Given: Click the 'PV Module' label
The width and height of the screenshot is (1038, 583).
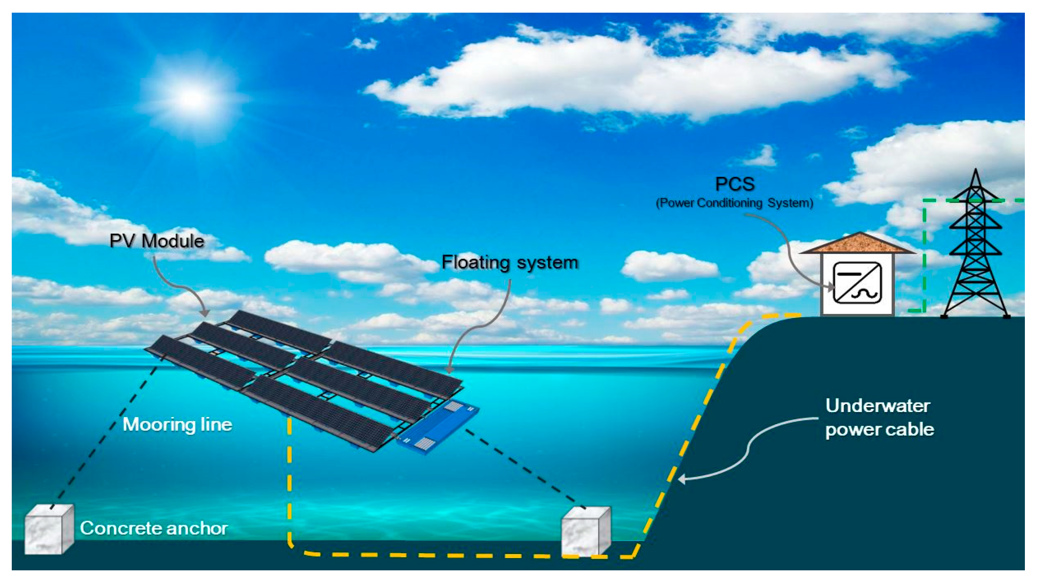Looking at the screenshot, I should (156, 241).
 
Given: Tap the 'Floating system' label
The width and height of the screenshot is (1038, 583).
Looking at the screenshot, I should (510, 262).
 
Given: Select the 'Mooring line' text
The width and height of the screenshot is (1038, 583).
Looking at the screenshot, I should (177, 424).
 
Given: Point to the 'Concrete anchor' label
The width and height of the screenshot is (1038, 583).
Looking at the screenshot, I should (153, 528).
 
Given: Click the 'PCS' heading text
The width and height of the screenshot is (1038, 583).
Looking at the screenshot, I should (735, 184).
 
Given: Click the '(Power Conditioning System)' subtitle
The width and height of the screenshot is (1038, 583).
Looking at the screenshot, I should (735, 203).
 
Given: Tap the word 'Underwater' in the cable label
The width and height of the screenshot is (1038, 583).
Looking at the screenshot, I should (877, 406).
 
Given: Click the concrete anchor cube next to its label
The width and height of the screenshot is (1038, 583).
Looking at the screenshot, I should (49, 529).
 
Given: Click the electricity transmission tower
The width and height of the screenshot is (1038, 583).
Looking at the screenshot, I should (975, 253).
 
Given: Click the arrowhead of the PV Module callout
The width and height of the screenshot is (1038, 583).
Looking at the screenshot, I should (206, 313).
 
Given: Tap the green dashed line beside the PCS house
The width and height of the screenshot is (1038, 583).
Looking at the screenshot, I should (924, 258).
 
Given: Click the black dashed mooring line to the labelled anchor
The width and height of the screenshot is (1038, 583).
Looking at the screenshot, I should (104, 436).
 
